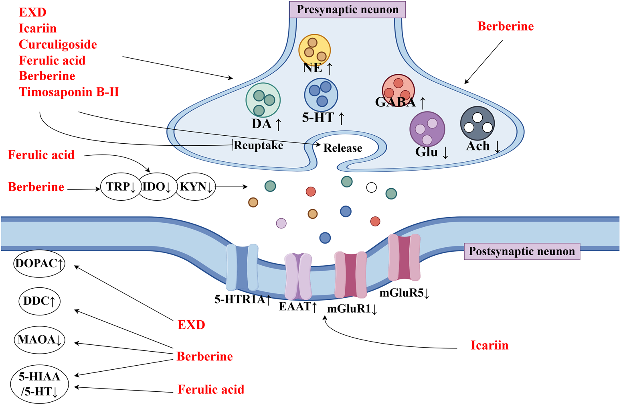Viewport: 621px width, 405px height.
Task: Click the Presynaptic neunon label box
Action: (x=347, y=10)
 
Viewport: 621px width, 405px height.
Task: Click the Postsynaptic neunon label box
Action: (x=522, y=251)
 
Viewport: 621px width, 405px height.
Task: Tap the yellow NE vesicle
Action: (x=314, y=50)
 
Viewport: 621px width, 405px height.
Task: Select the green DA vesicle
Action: (x=263, y=100)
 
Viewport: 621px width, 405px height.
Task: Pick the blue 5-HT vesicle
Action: (x=321, y=94)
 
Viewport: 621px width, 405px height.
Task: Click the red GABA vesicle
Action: (x=398, y=90)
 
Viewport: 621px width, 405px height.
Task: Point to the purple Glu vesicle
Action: (x=427, y=129)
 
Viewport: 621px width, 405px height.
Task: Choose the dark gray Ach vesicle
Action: (x=477, y=123)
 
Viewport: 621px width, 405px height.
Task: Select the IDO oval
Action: (x=157, y=186)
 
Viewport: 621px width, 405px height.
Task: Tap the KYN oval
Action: (x=196, y=186)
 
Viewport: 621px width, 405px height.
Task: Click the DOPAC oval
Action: (x=39, y=264)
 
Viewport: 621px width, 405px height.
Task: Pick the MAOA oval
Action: (x=39, y=340)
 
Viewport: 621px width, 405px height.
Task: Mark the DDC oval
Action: (x=39, y=301)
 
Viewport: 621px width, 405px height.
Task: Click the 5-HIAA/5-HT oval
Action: (x=39, y=384)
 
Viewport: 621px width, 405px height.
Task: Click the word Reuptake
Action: (x=258, y=145)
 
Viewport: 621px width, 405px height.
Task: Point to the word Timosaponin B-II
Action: (x=69, y=92)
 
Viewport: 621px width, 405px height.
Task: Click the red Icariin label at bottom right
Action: (x=489, y=345)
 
